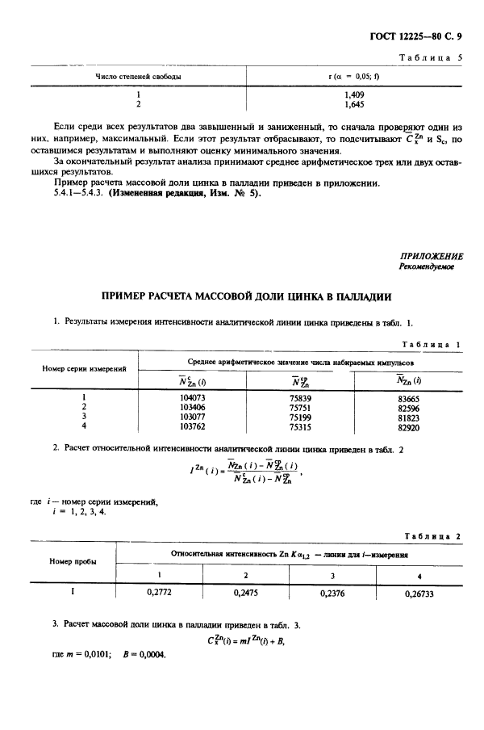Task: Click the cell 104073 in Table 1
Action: coord(192,398)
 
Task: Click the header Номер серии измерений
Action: coord(84,369)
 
